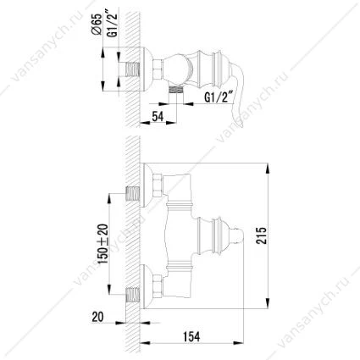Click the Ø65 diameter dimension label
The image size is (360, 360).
[x=97, y=24]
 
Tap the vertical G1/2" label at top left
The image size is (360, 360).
[x=113, y=25]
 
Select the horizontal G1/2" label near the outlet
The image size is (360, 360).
[x=218, y=97]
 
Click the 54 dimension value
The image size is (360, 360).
[x=158, y=116]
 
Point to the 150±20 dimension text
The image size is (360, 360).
[x=103, y=244]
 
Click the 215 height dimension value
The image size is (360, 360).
[x=261, y=235]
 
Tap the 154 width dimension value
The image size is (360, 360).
[x=191, y=336]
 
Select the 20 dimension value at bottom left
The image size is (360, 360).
[x=97, y=317]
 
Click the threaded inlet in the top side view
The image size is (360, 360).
[x=132, y=69]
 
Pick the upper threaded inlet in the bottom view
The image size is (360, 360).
[x=132, y=194]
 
